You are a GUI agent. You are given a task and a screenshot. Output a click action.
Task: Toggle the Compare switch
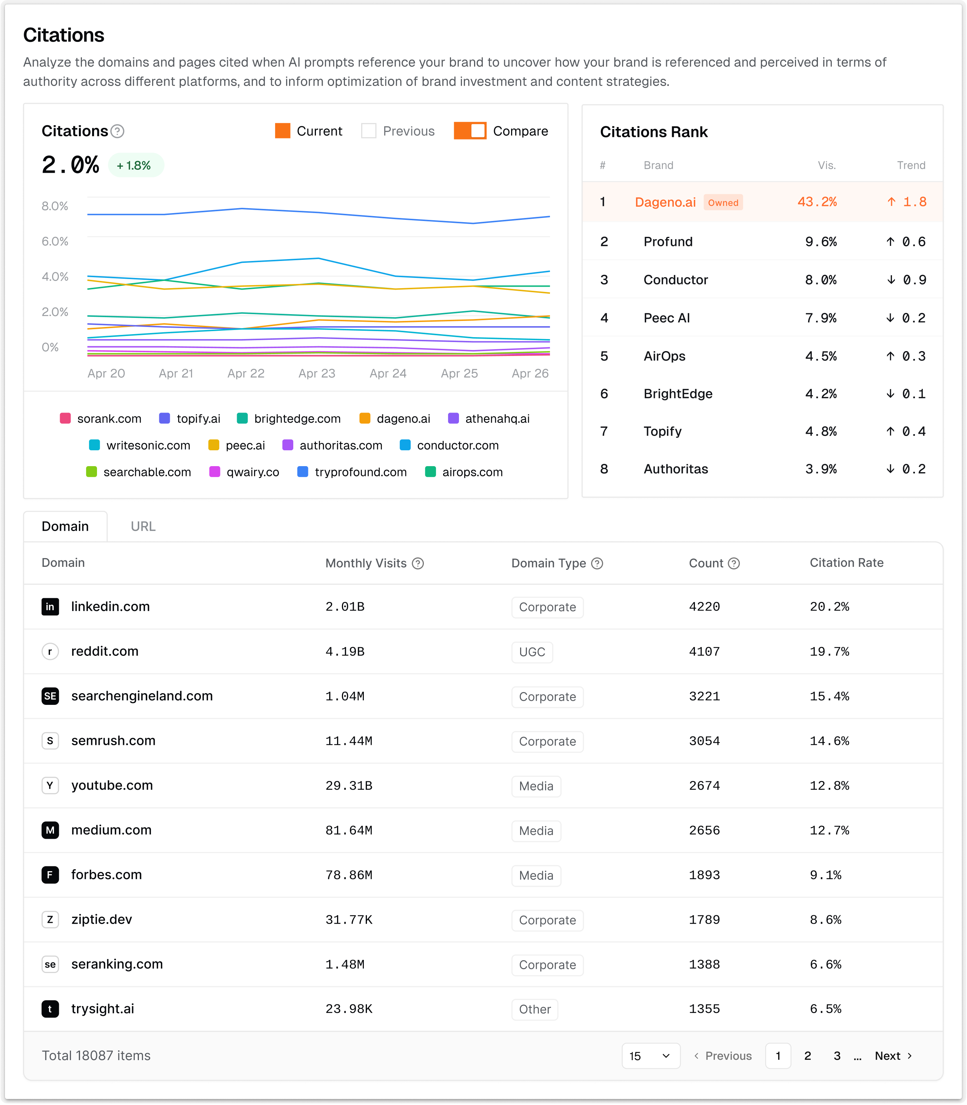[x=470, y=131]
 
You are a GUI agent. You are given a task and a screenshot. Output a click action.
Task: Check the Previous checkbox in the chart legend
[x=368, y=131]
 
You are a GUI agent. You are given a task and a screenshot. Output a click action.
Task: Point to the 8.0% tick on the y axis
[x=55, y=206]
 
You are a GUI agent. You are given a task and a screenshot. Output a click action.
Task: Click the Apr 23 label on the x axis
[x=317, y=373]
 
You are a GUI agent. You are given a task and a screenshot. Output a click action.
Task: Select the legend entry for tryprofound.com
[x=352, y=472]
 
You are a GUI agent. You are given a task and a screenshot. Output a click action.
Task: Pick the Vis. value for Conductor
[x=820, y=280]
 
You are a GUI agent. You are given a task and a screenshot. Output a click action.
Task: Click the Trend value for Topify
[x=905, y=431]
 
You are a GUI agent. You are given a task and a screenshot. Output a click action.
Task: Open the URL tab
[x=143, y=526]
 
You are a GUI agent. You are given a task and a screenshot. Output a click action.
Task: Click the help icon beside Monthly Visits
[x=418, y=563]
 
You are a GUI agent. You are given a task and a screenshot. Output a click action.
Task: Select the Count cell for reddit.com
[x=704, y=651]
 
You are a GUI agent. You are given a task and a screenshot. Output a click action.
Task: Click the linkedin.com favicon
[x=50, y=607]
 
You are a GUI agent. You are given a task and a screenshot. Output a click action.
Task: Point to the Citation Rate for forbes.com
[x=825, y=875]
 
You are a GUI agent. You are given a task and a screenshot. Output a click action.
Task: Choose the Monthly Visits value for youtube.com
[x=349, y=786]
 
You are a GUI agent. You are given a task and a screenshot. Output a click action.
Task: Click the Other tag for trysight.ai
[x=534, y=1010]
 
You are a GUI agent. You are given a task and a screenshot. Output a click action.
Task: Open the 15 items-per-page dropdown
[x=650, y=1056]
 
